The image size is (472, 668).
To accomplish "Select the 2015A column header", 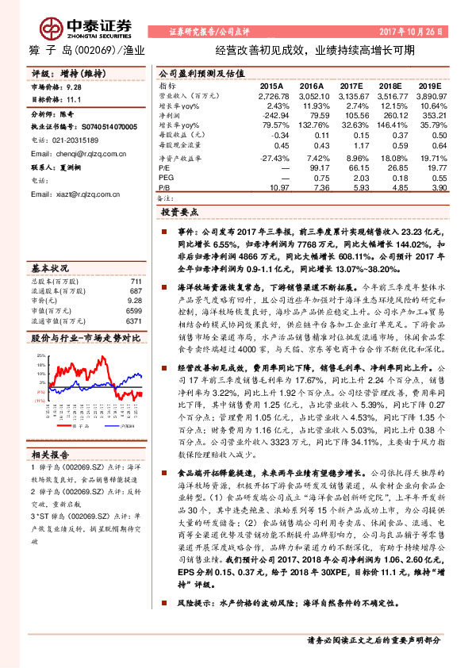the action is coord(271,84).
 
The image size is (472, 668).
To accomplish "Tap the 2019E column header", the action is coord(429,84).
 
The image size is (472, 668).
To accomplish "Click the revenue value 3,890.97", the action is coord(430,94).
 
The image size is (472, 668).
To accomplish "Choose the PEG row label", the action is coord(166,179).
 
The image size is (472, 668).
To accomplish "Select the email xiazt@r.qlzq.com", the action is coord(79,194).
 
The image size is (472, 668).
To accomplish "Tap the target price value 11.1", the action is coord(75,100).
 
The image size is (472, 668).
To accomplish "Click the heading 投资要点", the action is coord(180,213).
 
